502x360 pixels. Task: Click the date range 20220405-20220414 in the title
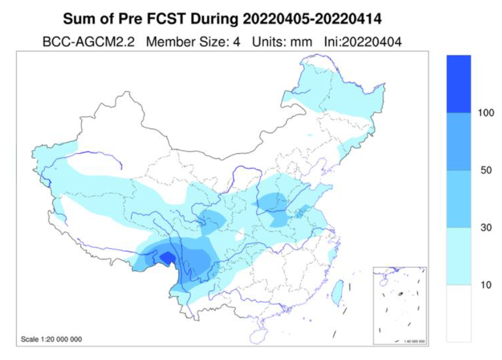[x=312, y=20]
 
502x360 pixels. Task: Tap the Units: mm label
[x=282, y=41]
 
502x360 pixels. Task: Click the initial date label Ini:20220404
[x=361, y=41]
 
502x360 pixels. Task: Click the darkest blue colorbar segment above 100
[x=459, y=84]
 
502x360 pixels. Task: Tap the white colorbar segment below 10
[x=459, y=313]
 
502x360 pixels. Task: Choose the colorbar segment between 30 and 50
[x=459, y=199]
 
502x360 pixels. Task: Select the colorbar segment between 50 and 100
[x=459, y=142]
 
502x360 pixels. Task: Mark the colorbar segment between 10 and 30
[x=459, y=256]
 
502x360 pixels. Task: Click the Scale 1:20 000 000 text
[x=51, y=339]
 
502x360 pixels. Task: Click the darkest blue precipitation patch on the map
[x=168, y=258]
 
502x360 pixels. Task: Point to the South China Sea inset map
[x=400, y=306]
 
